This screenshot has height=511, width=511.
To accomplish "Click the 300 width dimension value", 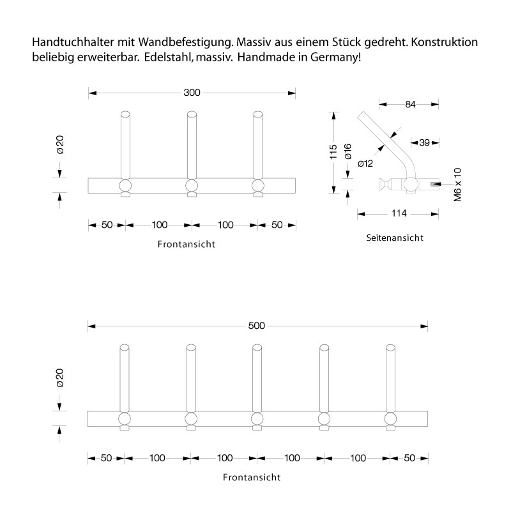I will (x=192, y=93).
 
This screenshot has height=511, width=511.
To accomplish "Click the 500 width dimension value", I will (x=256, y=326).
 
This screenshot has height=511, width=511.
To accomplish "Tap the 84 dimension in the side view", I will (x=409, y=104).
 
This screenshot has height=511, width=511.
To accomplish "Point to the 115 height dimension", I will (x=333, y=152).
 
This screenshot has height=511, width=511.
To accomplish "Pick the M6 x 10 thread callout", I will (x=457, y=185).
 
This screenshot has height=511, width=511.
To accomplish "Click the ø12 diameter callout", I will (x=365, y=164).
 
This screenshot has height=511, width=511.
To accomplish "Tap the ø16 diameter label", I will (x=348, y=152).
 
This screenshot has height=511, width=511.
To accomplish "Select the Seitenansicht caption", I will (x=395, y=238).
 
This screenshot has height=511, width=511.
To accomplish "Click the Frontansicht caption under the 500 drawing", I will (x=252, y=477).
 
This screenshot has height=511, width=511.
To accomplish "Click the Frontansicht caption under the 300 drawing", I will (x=186, y=244).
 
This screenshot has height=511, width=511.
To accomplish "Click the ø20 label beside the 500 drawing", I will (x=60, y=378).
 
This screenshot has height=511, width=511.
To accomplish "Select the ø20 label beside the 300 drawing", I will (x=60, y=145).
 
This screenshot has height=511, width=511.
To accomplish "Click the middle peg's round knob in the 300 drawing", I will (x=191, y=186).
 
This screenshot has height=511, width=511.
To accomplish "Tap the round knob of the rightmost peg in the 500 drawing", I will (x=390, y=418).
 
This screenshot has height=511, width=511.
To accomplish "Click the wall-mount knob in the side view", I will (x=384, y=185).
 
